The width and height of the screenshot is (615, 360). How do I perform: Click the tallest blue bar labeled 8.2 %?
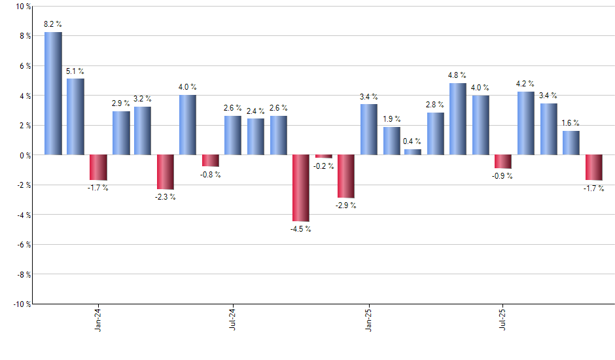(x=53, y=94)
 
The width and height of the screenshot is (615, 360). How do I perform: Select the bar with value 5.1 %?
(x=75, y=117)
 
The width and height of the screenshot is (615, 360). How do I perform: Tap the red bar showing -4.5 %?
(x=301, y=188)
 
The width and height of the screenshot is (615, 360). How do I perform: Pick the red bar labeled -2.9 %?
(x=345, y=176)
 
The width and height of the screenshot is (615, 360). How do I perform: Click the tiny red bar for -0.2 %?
(x=323, y=156)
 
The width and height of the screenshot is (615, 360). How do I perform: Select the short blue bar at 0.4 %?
(x=413, y=152)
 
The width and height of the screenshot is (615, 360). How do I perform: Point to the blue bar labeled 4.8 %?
(x=458, y=119)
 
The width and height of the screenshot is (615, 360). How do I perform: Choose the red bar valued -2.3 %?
(x=166, y=171)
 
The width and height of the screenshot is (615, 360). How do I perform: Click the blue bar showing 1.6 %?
(x=571, y=143)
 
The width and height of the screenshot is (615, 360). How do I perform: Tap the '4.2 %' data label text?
(x=525, y=84)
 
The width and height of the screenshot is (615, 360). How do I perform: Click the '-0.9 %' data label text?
(x=502, y=176)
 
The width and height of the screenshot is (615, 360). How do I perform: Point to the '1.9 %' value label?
(x=391, y=119)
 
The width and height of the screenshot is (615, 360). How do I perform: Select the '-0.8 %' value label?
(x=210, y=175)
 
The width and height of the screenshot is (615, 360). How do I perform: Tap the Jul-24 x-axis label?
(x=233, y=319)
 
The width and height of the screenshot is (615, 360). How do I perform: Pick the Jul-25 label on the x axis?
(x=502, y=319)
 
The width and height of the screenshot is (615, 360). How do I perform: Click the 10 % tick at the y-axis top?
(x=22, y=7)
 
